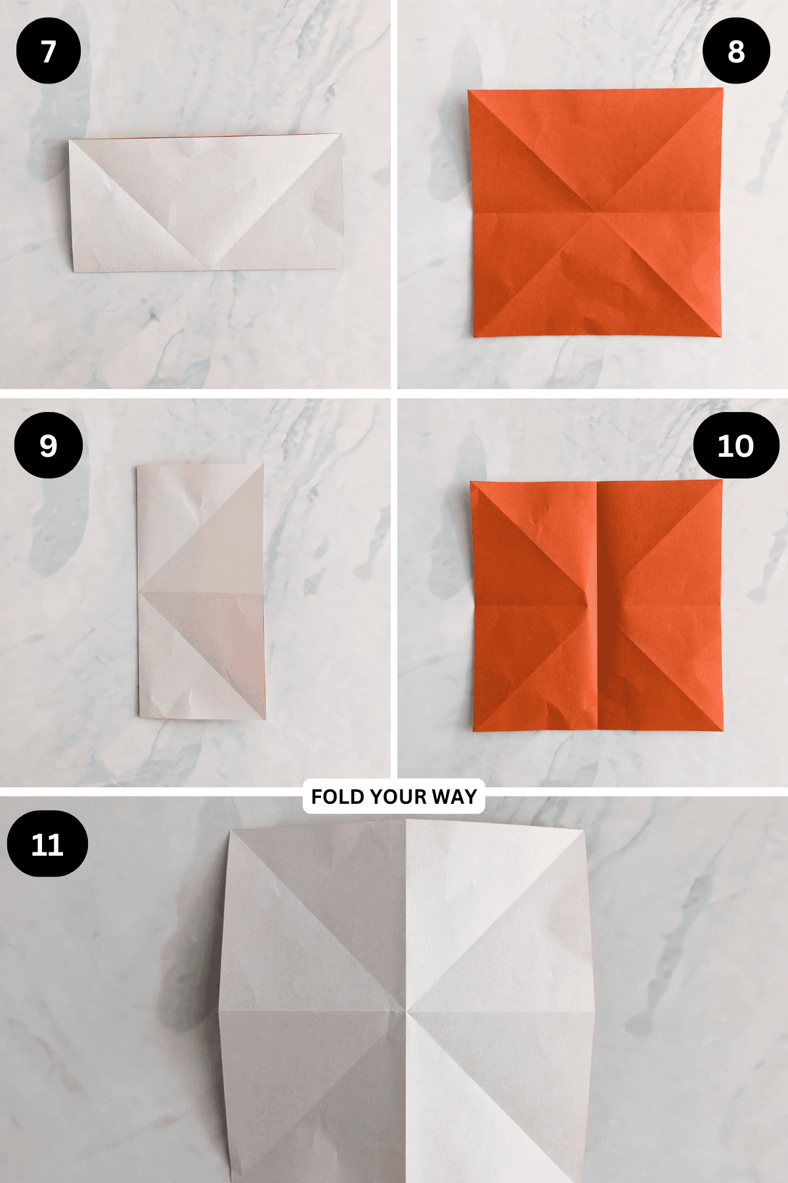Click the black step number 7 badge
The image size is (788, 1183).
[x=49, y=51]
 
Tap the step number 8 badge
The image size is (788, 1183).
[x=736, y=51]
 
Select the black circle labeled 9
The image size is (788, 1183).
[x=49, y=446]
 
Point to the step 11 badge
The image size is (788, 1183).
[x=47, y=844]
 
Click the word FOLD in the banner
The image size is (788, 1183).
[x=337, y=797]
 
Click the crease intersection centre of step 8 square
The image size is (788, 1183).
[x=596, y=211]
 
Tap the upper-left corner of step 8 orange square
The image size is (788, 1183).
[x=468, y=91]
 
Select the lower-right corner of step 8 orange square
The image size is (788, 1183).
[x=720, y=336]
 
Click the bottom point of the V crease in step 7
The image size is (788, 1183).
[x=213, y=268]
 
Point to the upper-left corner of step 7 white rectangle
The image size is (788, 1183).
[x=70, y=140]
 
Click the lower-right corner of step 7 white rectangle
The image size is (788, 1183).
[x=343, y=267]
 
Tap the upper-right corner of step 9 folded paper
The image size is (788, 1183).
[x=263, y=465]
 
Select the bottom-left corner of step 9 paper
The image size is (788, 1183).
[x=140, y=716]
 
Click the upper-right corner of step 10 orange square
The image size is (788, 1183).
[x=722, y=480]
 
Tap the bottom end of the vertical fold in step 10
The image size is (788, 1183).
[x=598, y=730]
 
